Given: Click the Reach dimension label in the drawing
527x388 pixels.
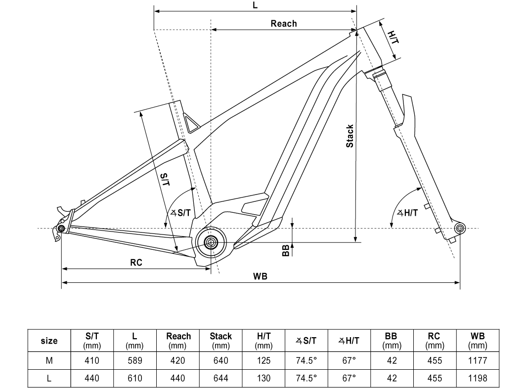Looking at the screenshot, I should pos(284,24).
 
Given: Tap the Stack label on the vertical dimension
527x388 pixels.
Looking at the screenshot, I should pos(350,136).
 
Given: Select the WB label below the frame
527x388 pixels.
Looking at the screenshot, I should pos(260,276).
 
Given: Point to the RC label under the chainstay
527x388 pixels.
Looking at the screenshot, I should pos(136,263).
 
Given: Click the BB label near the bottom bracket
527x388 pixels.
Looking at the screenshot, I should pos(285,251).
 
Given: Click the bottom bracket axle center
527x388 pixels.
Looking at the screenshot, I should pos(211,242).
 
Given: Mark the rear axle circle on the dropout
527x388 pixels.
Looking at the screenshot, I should pos(61,229).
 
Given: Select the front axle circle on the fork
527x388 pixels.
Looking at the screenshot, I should pos(460,228).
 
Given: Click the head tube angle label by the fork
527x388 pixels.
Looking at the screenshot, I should pos(408,213).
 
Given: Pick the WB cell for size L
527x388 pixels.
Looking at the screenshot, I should pos(478,378).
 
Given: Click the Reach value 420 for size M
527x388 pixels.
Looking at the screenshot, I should pos(177,360).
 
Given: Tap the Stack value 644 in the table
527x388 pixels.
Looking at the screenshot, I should pos(220,378).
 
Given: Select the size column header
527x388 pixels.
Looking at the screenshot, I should pos(49,341).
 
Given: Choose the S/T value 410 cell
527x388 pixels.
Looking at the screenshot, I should pos(92,360).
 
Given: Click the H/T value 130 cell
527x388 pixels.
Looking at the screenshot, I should pos(264,378).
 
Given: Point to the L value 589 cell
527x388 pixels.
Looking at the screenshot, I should pos(134,360).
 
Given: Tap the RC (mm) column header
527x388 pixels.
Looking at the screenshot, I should pos(434,341).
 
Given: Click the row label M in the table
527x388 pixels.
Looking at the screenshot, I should pos(49,360).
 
